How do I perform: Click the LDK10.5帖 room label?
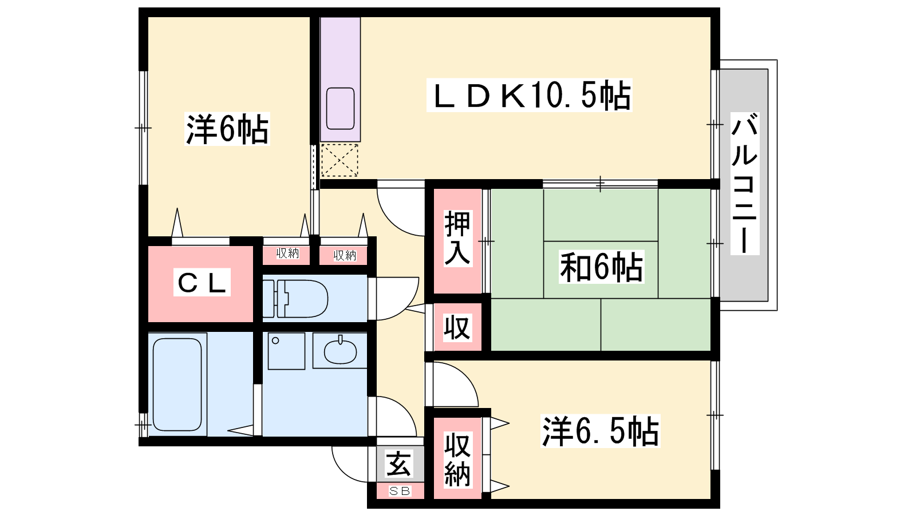pos(530,95)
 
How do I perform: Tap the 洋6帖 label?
pos(227,129)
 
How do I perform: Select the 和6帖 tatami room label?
pos(601,267)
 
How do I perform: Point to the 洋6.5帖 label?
pos(601,431)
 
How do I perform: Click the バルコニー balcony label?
pos(745,184)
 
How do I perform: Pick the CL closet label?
pos(202,283)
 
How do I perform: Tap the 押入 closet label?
pos(457,238)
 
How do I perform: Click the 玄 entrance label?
pos(398,463)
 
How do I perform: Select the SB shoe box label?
pos(400,491)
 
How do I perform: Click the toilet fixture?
pos(295,299)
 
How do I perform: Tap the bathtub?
pos(177,385)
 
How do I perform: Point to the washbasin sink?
pos(340,351)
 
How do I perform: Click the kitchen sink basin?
pos(340,108)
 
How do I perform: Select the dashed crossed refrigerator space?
pos(339,160)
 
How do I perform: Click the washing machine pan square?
pos(286,351)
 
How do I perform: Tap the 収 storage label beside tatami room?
pos(457,327)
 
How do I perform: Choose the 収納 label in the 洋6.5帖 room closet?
pos(457,460)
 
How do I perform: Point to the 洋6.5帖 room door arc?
pos(464,376)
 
